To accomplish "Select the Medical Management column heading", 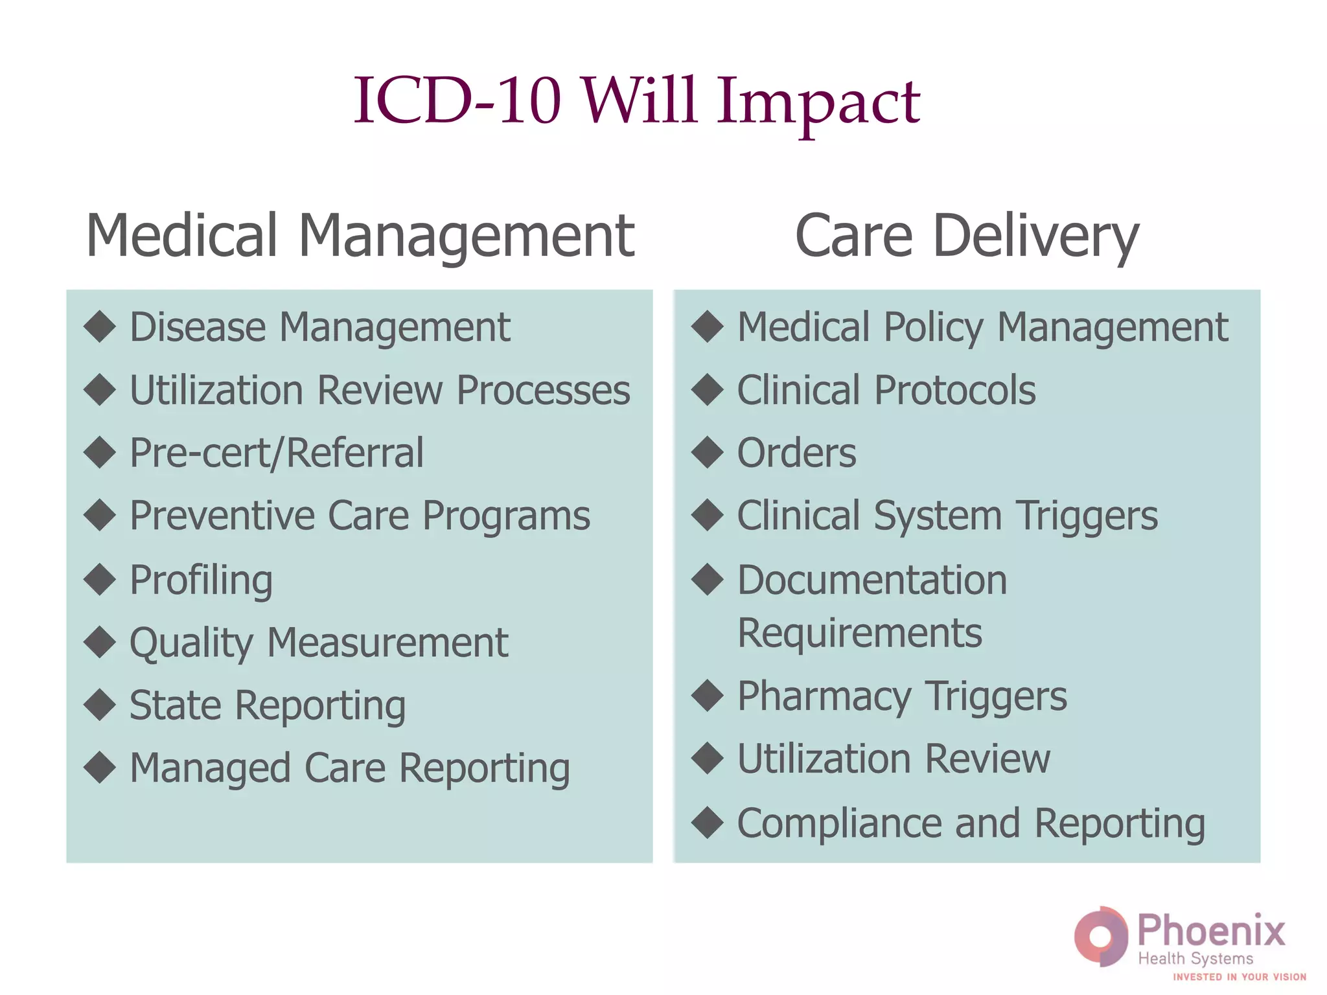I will (360, 236).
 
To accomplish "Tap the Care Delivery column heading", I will (966, 236).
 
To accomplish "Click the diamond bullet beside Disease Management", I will (100, 326).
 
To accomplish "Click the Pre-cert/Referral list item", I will (277, 453).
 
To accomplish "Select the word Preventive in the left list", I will (222, 516).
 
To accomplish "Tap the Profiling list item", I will (201, 580).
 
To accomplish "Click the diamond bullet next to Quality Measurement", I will (100, 642).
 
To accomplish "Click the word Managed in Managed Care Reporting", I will (210, 768).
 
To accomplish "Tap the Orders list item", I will (796, 453).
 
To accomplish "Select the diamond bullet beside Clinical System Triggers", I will (708, 516).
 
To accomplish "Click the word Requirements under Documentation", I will (860, 633).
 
